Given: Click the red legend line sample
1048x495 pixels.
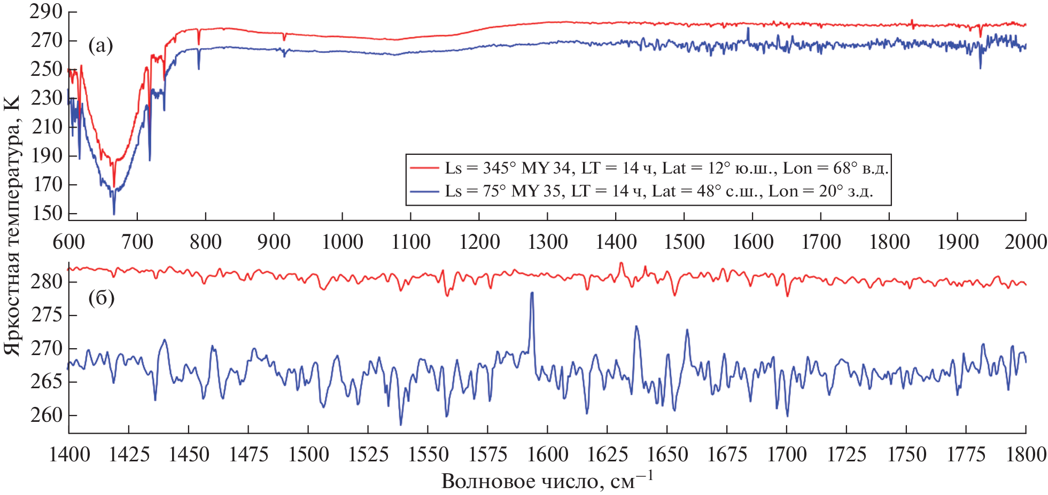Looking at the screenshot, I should (424, 168).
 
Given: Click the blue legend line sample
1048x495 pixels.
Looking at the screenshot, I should (424, 191).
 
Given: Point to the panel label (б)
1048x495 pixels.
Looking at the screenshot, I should (101, 297).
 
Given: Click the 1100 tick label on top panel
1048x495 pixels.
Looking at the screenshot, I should (410, 242).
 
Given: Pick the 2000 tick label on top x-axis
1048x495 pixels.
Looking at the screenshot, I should (1025, 242).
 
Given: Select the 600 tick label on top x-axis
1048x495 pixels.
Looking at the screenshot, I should (69, 242).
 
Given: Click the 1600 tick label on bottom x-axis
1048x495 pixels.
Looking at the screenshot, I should (547, 454).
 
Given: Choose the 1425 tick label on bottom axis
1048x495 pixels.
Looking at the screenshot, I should (129, 454).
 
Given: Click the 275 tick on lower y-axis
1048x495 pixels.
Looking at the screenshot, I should (47, 315).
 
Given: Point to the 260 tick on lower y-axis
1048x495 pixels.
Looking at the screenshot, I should (47, 414).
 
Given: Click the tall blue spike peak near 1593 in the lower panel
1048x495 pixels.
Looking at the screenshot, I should (532, 293).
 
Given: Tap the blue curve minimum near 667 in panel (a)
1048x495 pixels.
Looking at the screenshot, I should (114, 214).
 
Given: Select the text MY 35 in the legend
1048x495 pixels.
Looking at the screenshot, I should (536, 191).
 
